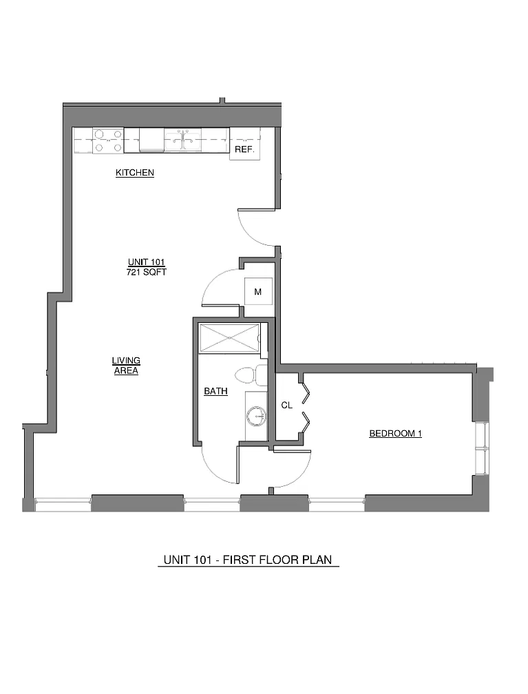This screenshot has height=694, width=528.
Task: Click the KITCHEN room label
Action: pyautogui.click(x=134, y=173)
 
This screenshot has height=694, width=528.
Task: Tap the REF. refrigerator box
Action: pyautogui.click(x=244, y=145)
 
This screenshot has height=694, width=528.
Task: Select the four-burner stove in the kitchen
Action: pyautogui.click(x=108, y=140)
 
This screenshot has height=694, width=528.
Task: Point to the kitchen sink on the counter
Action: pyautogui.click(x=182, y=139)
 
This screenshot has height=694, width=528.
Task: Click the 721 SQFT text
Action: pyautogui.click(x=147, y=272)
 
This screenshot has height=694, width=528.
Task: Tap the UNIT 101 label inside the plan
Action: pyautogui.click(x=147, y=262)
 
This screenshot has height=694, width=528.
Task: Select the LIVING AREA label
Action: pyautogui.click(x=126, y=366)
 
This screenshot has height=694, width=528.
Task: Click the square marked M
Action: pyautogui.click(x=258, y=291)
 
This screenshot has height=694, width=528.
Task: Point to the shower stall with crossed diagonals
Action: pyautogui.click(x=229, y=339)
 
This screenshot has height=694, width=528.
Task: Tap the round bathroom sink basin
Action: pyautogui.click(x=256, y=416)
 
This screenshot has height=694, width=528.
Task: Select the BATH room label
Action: pyautogui.click(x=216, y=391)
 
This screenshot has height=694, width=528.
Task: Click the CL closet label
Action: pyautogui.click(x=287, y=405)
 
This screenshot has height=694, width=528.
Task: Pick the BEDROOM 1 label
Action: pyautogui.click(x=395, y=433)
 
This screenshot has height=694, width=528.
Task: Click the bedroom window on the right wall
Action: pyautogui.click(x=481, y=448)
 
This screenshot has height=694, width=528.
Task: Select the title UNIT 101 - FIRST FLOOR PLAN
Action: pyautogui.click(x=248, y=560)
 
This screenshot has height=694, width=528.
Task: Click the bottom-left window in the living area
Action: pyautogui.click(x=63, y=504)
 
